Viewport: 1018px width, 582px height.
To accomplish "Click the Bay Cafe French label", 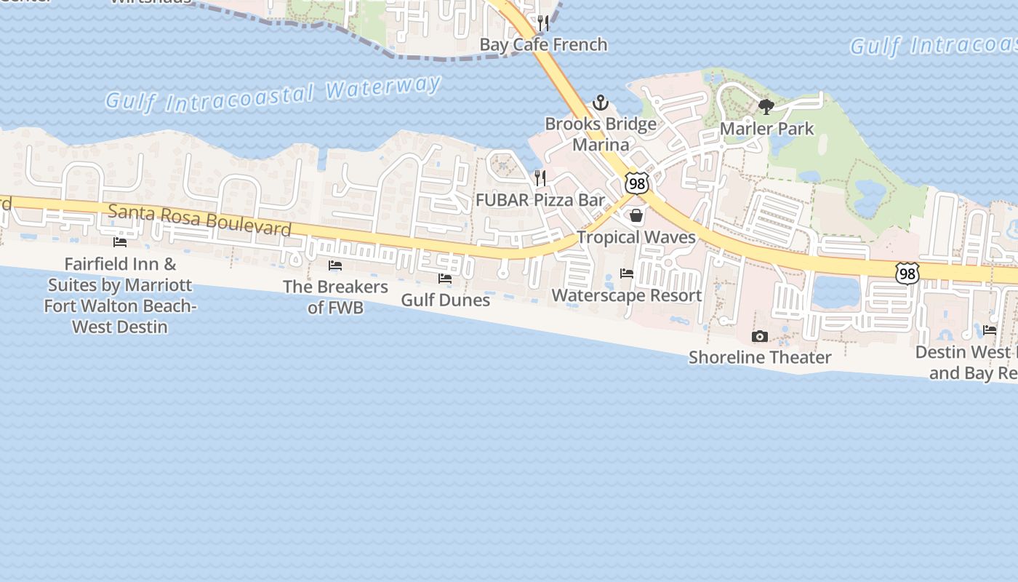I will point(543,44).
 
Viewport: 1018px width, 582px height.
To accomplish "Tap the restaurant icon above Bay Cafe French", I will point(542,23).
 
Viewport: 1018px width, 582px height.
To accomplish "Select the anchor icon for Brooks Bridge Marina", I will point(600,103).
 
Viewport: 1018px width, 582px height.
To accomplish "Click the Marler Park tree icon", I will point(766,108).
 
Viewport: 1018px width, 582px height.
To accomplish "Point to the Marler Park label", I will point(766,129).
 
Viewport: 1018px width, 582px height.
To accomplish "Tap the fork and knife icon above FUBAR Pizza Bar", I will point(540,178).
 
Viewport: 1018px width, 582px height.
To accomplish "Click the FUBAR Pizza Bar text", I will point(540,199).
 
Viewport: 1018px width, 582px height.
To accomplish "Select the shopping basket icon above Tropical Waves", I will point(636,215).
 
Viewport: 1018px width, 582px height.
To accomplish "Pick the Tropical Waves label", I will point(636,237).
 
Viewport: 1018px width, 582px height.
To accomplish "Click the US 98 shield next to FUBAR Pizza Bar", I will point(637,183).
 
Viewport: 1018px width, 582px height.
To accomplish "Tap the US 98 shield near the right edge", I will point(907,274).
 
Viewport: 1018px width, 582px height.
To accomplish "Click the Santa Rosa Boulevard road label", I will point(199,220).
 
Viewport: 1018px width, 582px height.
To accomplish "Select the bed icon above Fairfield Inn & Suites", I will point(120,242).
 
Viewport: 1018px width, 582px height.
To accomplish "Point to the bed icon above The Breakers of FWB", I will point(335,266).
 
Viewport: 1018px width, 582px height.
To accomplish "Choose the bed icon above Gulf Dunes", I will point(445,279).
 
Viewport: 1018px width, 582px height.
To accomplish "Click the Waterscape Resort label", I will point(626,295).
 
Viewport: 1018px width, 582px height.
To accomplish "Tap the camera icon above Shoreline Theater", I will point(760,336).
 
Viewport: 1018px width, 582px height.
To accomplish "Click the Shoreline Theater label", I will point(760,357).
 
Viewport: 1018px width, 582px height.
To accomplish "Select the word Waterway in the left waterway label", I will point(383,88).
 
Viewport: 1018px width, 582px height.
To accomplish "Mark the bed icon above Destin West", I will point(990,330).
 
